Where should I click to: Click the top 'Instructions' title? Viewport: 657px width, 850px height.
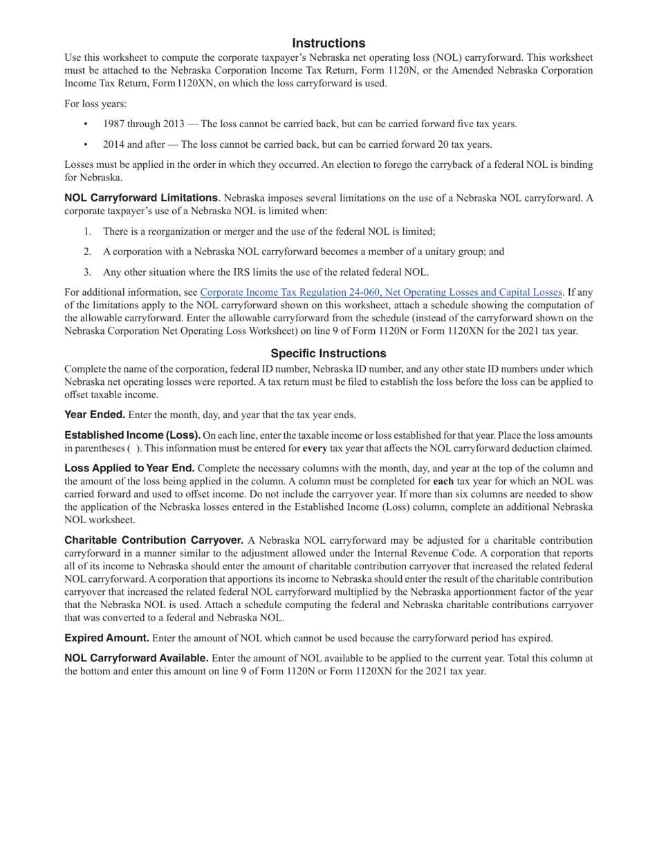pos(328,43)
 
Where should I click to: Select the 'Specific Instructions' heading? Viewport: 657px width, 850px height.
pos(328,353)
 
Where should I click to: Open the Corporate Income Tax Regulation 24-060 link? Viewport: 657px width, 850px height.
pos(381,292)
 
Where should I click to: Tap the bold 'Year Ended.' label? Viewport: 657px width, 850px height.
pos(95,415)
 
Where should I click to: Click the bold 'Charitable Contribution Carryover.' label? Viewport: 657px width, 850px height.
pos(154,540)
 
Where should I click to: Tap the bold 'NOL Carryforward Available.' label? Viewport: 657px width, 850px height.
pos(136,659)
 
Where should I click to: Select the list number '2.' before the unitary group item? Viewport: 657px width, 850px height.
pos(88,252)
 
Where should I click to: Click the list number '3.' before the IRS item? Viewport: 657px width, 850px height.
pos(88,272)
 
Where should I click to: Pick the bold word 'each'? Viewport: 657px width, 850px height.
pos(444,481)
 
